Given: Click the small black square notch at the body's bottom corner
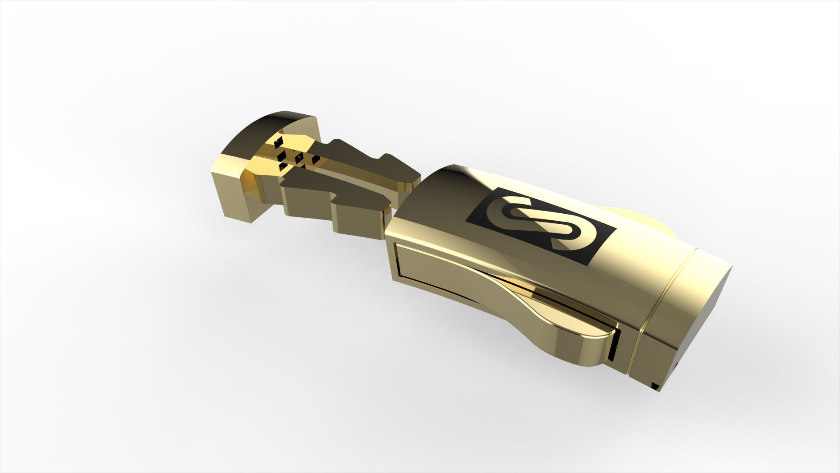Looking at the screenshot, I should click(655, 386).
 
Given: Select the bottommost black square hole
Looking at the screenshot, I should click(283, 166).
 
